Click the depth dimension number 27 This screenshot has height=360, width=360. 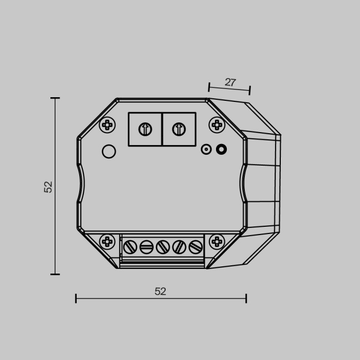(230, 82)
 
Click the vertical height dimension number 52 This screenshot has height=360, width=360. (48, 187)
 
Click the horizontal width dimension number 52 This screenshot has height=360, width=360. (160, 292)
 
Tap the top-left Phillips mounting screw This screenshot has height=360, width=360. (107, 125)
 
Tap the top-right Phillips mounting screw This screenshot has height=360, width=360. (217, 125)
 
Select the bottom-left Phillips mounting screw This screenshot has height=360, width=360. (107, 241)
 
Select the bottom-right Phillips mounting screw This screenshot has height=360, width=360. (217, 241)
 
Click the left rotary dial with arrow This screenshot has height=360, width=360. (146, 129)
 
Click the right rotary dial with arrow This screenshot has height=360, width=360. (178, 129)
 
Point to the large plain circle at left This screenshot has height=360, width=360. (109, 152)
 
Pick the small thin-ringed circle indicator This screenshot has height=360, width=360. (206, 150)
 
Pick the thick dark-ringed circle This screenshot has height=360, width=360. (222, 149)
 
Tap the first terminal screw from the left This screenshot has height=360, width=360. (130, 247)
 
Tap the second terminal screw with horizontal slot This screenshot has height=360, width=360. (147, 247)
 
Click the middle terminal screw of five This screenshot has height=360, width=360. (163, 247)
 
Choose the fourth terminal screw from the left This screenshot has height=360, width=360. (179, 247)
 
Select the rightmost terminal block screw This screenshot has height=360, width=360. (195, 247)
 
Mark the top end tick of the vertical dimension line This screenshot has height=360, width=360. (55, 98)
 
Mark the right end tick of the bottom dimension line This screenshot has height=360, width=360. (246, 298)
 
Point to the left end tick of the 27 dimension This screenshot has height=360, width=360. (209, 86)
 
